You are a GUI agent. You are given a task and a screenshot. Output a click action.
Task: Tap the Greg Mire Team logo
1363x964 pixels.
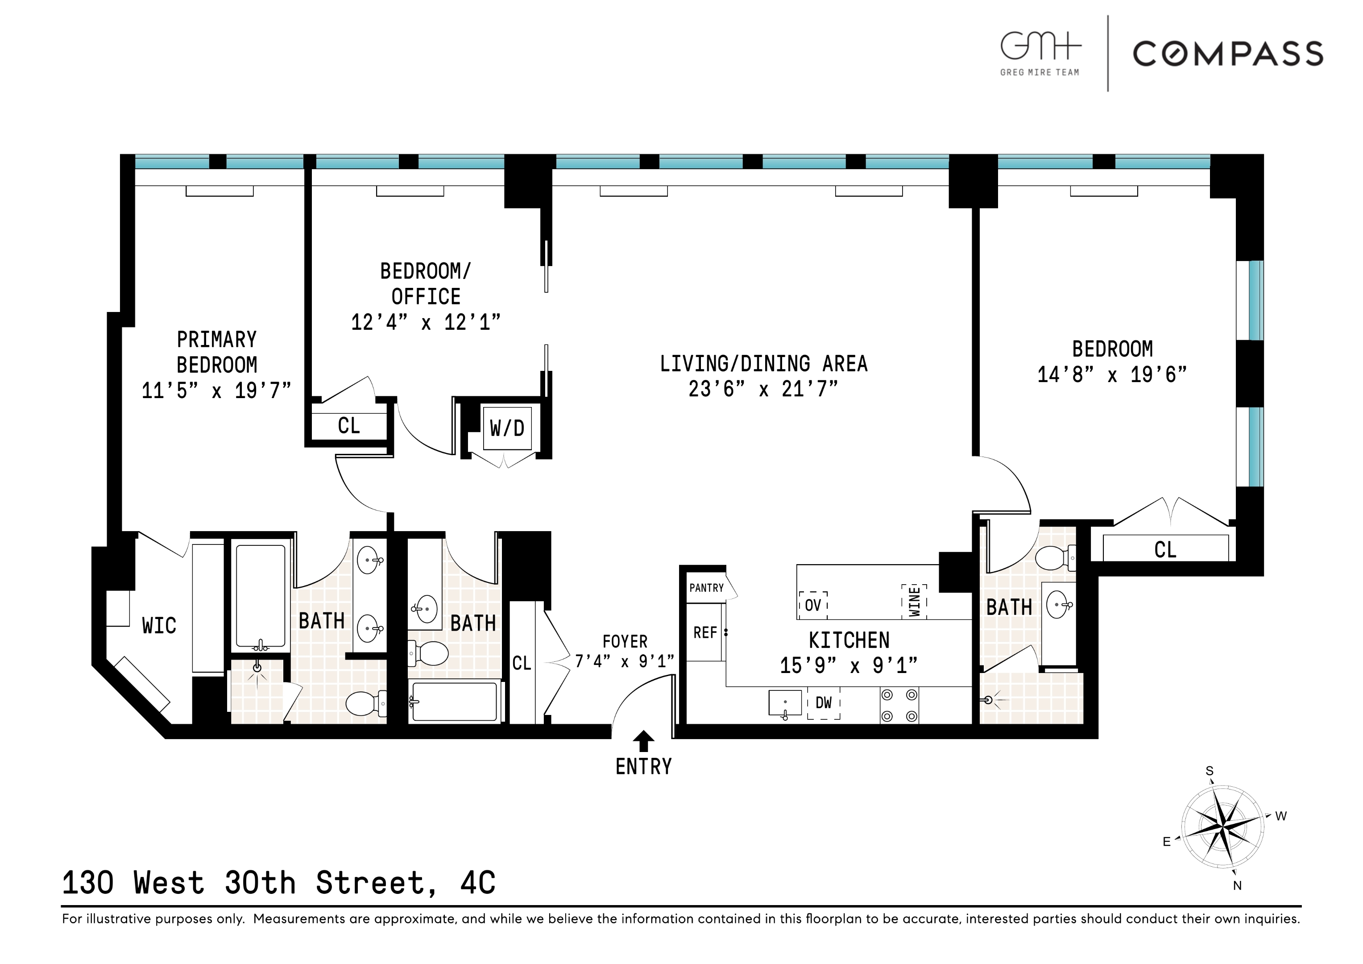coord(1040,54)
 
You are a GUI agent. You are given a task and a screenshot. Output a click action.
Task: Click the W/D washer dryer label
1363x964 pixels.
coord(507,428)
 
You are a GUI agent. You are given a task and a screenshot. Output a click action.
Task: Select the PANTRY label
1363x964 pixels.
coord(706,588)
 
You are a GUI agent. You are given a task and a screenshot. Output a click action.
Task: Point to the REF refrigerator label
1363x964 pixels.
coord(705,632)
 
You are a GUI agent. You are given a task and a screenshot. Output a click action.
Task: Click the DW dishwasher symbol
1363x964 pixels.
coord(824,703)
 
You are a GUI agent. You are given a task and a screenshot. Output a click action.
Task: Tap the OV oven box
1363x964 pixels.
coord(813,605)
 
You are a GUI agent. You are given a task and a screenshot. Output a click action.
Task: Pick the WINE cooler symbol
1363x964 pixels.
coord(914,601)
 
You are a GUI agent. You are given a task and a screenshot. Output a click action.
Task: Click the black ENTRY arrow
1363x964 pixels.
coord(643,741)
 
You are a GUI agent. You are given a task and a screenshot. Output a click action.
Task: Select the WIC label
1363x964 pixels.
coord(159,625)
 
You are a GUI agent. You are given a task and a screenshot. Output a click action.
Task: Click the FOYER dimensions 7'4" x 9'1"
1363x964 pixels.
coord(625,661)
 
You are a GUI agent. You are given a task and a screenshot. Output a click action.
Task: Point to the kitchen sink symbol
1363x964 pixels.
coord(785,703)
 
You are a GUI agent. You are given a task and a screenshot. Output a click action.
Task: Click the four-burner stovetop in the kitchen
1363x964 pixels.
coord(899,705)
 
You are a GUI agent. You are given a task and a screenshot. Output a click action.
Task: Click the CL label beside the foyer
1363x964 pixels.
coord(521,663)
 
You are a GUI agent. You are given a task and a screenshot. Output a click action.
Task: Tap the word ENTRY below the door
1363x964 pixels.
coord(643,767)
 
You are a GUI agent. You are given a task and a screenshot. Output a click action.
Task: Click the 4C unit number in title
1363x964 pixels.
coord(477,883)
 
